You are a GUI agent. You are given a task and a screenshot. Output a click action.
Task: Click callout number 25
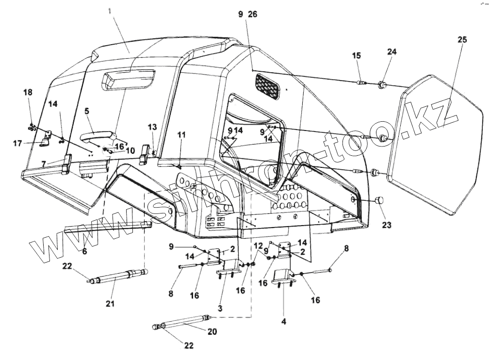click(462, 40)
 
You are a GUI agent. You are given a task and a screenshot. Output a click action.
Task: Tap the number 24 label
click(391, 51)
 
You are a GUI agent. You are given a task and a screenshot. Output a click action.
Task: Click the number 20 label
click(212, 332)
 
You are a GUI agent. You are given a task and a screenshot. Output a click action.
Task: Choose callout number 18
click(28, 92)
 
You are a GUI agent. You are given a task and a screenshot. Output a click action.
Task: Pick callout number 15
click(357, 56)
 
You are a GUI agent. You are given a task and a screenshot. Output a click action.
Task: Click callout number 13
click(152, 127)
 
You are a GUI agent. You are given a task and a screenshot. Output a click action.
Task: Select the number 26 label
click(253, 15)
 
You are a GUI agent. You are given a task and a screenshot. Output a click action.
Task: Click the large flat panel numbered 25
click(439, 146)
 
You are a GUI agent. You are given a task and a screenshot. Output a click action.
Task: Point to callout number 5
click(87, 111)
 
